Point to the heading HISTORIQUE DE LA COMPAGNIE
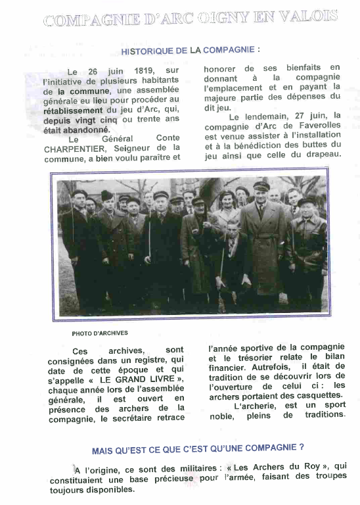click(x=190, y=49)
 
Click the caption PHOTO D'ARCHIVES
click(x=100, y=333)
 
